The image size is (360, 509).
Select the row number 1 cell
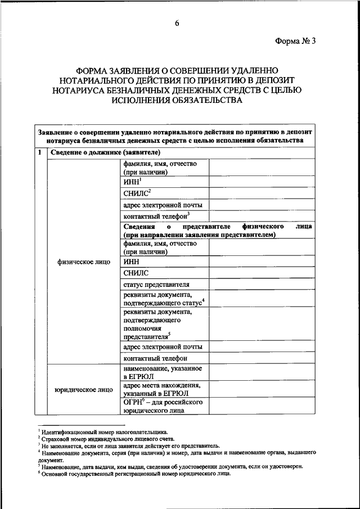pos(39,152)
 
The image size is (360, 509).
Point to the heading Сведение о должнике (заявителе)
pos(105,152)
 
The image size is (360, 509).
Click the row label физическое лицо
pos(83,262)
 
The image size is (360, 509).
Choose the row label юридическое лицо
pos(83,389)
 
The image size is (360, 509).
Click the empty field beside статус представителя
pos(262,284)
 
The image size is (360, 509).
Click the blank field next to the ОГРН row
pos(262,407)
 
